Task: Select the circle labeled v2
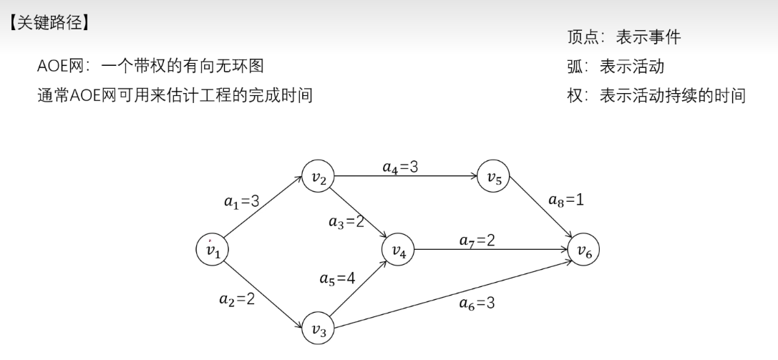click(317, 178)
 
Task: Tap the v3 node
click(318, 329)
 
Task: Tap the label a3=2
click(346, 222)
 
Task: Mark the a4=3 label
click(399, 167)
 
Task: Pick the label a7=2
click(476, 241)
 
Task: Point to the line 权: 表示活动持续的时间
click(656, 94)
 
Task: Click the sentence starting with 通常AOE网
click(175, 94)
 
